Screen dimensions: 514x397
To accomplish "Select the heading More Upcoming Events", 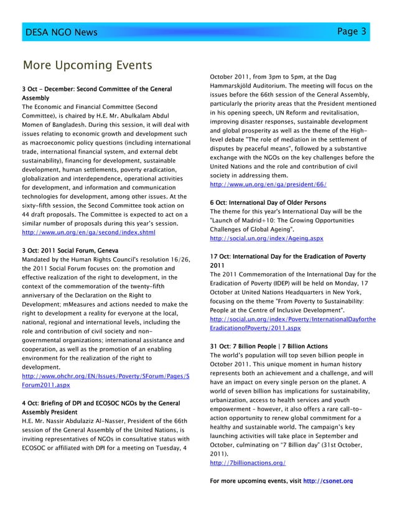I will [x=87, y=65].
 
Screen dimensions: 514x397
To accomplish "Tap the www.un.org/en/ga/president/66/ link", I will [x=268, y=185].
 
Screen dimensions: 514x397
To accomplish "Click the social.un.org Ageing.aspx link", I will [x=267, y=238].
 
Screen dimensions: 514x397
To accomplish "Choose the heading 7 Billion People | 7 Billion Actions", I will [x=269, y=346].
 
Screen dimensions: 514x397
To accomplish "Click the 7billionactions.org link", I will [x=248, y=463].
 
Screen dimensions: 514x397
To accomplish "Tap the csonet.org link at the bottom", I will [x=327, y=481].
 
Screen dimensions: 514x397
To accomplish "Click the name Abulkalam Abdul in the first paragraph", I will [x=152, y=115].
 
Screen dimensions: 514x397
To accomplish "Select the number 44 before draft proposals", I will [x=27, y=214].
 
